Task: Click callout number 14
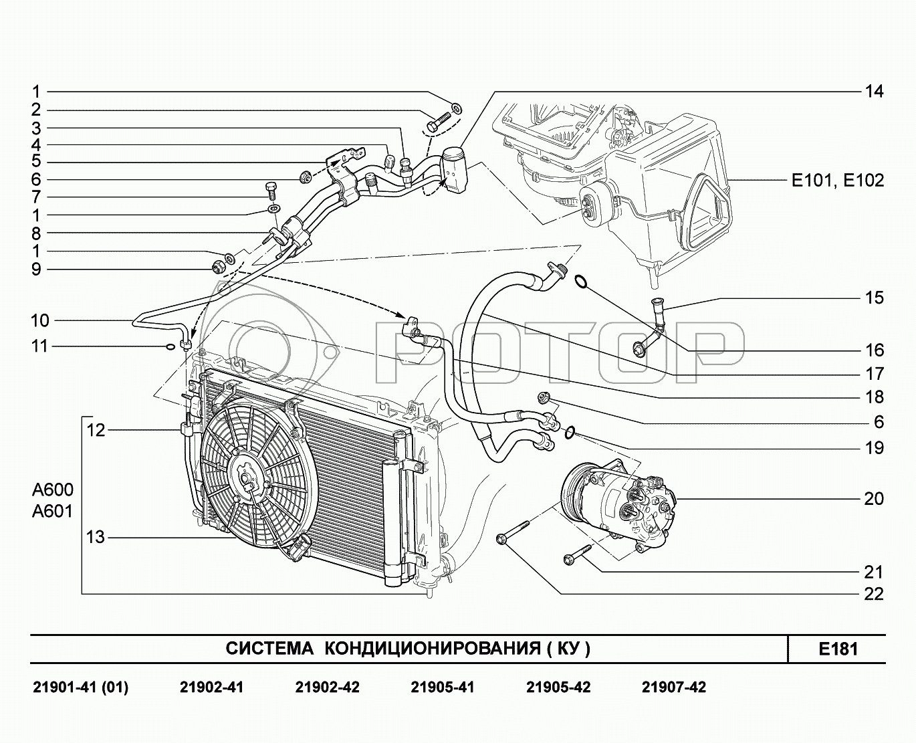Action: click(873, 92)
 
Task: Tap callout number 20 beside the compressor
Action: click(873, 499)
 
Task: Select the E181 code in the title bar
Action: click(838, 649)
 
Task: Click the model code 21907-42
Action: click(674, 687)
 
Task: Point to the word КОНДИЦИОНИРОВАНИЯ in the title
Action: click(432, 648)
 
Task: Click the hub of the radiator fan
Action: click(245, 478)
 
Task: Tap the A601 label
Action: click(52, 512)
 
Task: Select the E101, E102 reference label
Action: click(838, 181)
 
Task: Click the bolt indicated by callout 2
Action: click(438, 122)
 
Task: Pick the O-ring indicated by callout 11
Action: click(170, 347)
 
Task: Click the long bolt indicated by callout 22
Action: click(513, 532)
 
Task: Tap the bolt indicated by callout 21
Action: click(578, 553)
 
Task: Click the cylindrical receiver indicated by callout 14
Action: click(455, 169)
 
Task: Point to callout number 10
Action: click(40, 320)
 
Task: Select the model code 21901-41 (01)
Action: click(81, 687)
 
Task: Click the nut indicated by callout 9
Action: click(218, 266)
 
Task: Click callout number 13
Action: click(96, 537)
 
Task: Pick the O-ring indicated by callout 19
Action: click(570, 433)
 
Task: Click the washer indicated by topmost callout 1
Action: click(457, 108)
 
